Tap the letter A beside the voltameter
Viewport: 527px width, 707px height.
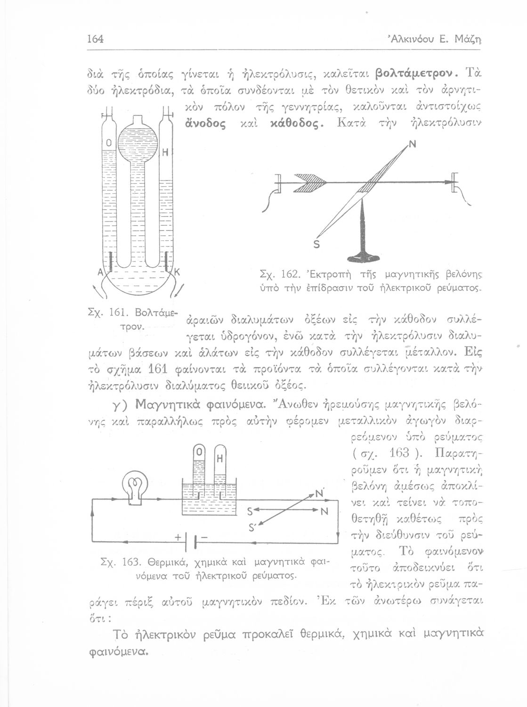pos(100,272)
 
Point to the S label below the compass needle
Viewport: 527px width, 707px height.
pos(316,245)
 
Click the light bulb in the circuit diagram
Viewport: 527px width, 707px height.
pos(135,486)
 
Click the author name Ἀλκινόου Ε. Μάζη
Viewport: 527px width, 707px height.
pos(458,38)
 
